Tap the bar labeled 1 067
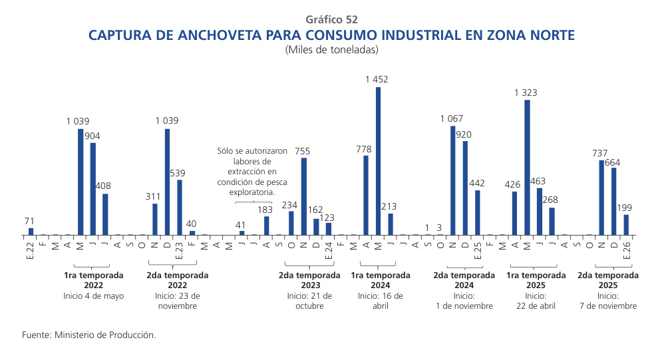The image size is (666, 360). (453, 180)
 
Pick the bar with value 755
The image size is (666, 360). (304, 196)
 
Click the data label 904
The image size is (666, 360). (93, 136)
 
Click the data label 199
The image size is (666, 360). (626, 208)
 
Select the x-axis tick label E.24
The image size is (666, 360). (329, 250)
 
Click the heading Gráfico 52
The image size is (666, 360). (332, 19)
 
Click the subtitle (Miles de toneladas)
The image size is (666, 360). (332, 50)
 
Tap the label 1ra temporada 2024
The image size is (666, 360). (375, 279)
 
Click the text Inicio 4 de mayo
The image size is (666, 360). (94, 296)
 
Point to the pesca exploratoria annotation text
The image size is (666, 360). (252, 172)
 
